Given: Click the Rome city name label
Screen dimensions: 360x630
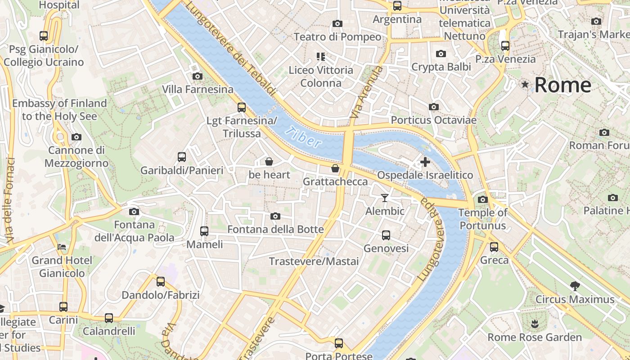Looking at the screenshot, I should (562, 85).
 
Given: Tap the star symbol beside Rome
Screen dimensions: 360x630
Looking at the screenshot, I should (525, 84).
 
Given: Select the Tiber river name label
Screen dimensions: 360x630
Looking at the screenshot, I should (305, 137).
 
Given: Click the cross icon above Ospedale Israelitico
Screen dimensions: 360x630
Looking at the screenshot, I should (425, 162).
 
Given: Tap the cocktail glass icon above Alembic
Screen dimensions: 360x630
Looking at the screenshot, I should (385, 198).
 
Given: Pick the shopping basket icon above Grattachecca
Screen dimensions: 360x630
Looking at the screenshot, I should (335, 169).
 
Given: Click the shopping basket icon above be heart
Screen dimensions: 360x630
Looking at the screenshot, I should (269, 162).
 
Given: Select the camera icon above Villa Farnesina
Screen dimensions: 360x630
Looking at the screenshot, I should (197, 76).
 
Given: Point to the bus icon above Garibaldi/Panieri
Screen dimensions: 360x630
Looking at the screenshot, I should (182, 157).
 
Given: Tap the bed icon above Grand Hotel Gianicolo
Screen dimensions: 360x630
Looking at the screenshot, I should (62, 247).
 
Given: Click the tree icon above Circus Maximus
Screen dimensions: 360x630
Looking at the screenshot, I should (575, 286).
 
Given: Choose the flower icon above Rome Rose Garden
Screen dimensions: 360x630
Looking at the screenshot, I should (535, 324).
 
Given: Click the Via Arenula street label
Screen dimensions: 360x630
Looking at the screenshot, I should (366, 93).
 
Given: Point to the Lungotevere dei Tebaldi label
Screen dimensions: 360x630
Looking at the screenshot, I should (230, 48).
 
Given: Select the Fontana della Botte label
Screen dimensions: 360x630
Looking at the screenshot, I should (275, 229).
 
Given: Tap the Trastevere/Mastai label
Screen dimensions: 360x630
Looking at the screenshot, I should (314, 261).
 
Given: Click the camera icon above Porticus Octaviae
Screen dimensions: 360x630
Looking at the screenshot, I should (434, 107).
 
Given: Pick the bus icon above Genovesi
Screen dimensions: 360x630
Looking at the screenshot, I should (386, 235).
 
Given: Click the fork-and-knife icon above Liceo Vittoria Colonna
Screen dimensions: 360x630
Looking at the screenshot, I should (321, 57).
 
